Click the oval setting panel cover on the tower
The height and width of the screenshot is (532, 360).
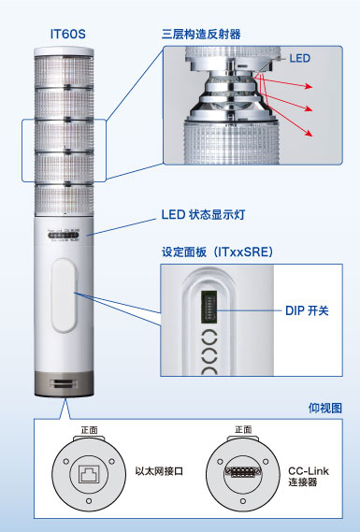[x=65, y=296]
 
